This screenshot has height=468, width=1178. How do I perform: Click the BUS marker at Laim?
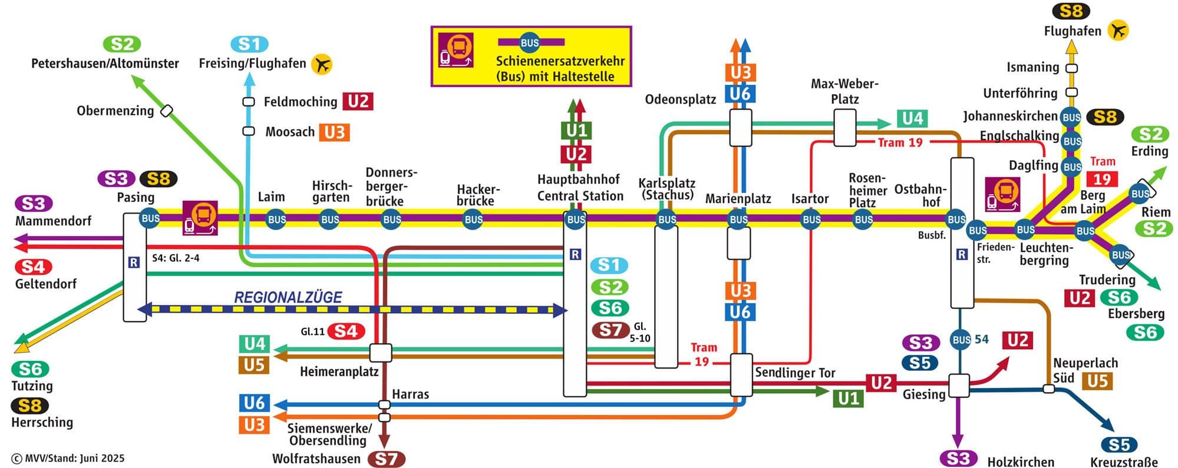pyautogui.click(x=276, y=220)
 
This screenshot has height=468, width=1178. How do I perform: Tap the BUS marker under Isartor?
pyautogui.click(x=811, y=220)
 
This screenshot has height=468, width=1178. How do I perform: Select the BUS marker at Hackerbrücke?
pyautogui.click(x=473, y=220)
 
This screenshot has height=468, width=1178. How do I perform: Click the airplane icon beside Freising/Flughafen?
pyautogui.click(x=321, y=64)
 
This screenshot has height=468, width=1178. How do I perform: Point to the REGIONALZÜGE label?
pyautogui.click(x=288, y=297)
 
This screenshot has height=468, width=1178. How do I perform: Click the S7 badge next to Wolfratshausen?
pyautogui.click(x=387, y=459)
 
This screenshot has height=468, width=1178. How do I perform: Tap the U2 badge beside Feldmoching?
pyautogui.click(x=358, y=101)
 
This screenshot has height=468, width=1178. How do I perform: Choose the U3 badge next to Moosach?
pyautogui.click(x=334, y=132)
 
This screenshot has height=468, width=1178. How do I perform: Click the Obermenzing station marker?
pyautogui.click(x=167, y=111)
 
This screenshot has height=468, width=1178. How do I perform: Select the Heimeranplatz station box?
pyautogui.click(x=380, y=353)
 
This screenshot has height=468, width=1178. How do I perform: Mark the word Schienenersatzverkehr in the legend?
pyautogui.click(x=560, y=61)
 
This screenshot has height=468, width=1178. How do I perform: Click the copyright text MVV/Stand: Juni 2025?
pyautogui.click(x=68, y=458)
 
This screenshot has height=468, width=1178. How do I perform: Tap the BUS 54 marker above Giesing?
pyautogui.click(x=961, y=340)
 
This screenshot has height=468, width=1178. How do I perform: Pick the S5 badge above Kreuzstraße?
pyautogui.click(x=1118, y=444)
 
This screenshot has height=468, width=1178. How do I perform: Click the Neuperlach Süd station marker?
pyautogui.click(x=1048, y=389)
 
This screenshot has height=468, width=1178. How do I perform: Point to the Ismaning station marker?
pyautogui.click(x=1072, y=68)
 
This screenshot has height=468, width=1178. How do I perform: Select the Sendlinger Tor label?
pyautogui.click(x=795, y=373)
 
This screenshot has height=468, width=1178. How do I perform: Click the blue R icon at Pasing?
pyautogui.click(x=134, y=263)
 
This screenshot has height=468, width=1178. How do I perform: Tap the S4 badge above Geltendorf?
pyautogui.click(x=33, y=267)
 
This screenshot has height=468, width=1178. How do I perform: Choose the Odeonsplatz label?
pyautogui.click(x=680, y=99)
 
